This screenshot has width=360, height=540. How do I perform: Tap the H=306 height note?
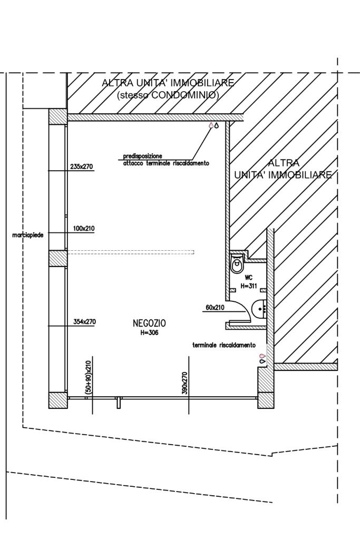point(149,332)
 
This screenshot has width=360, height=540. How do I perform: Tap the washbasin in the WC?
point(259,308)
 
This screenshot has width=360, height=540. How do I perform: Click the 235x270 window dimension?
point(81,166)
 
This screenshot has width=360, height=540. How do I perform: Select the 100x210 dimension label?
point(83,229)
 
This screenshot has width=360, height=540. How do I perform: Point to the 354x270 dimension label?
point(84,321)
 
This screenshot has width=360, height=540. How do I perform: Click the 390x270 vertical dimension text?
point(184,383)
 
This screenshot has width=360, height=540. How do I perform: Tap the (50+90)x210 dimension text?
point(89,377)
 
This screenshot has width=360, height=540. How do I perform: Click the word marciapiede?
point(28,235)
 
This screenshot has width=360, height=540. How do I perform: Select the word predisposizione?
point(142,156)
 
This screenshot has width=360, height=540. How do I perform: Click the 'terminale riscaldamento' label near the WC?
point(224,345)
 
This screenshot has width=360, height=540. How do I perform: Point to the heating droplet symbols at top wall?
point(213,125)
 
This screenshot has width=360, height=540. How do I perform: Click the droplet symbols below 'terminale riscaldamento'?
point(262,358)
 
